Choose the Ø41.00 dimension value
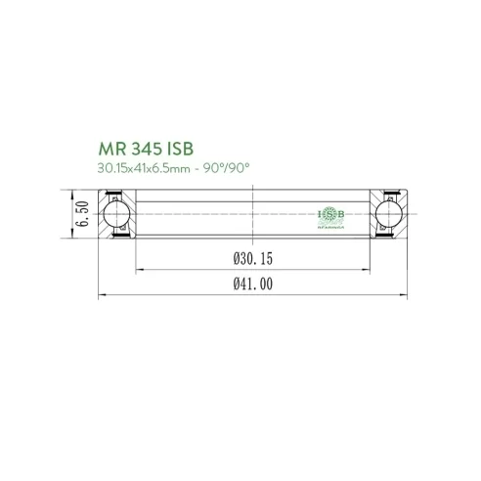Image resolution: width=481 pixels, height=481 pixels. coord(252,285)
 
